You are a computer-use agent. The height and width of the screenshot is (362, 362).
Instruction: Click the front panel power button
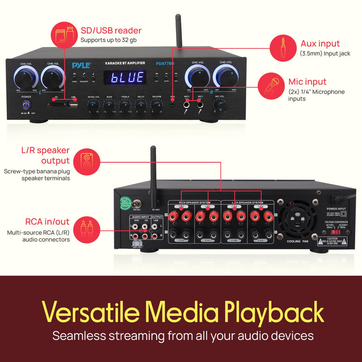point(26,105)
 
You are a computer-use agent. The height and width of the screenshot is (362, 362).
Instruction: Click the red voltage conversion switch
point(335,232)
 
